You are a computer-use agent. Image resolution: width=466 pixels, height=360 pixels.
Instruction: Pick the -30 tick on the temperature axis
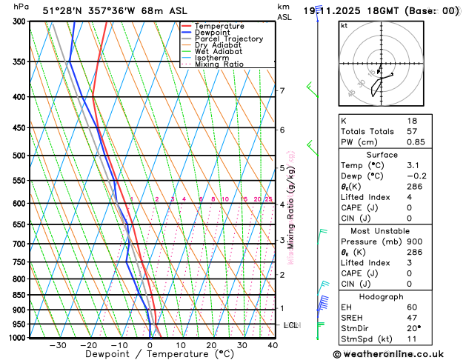(58, 345)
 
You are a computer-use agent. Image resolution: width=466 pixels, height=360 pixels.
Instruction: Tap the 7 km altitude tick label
(282, 91)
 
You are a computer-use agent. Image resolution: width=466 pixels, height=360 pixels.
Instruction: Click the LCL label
(290, 325)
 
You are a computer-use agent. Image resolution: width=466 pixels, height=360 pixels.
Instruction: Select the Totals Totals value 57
(413, 131)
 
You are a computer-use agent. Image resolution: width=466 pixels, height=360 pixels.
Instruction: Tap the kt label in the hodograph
(344, 25)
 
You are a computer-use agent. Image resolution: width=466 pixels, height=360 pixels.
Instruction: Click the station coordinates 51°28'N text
(62, 11)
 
